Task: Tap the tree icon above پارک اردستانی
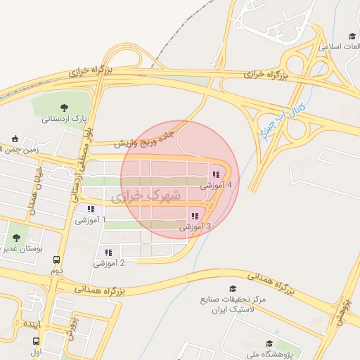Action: (64, 108)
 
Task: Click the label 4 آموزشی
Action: (216, 186)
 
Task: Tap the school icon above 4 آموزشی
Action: (216, 174)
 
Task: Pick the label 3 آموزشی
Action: (195, 227)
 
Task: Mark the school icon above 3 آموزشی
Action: (195, 216)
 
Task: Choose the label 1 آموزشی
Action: (91, 220)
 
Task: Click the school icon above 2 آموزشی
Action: (108, 252)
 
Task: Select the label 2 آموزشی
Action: (108, 263)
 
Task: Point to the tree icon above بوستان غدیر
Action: (16, 238)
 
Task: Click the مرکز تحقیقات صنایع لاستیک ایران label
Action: (233, 304)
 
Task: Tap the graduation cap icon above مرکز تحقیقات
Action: (233, 288)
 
